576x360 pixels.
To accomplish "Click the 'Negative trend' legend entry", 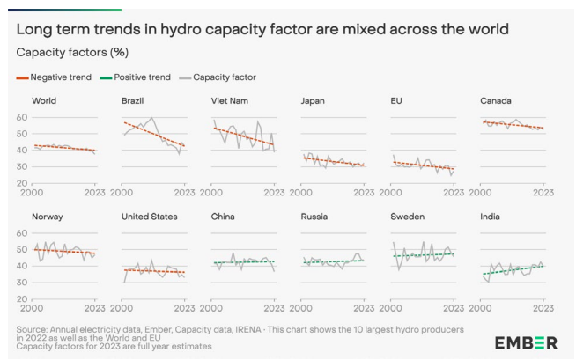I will tap(59, 77).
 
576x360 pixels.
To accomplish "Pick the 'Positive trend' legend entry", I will tap(141, 77).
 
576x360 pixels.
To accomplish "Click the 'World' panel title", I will tap(44, 101).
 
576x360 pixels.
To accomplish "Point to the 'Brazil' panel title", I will tap(135, 101).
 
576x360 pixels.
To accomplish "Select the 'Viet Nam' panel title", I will tap(231, 101).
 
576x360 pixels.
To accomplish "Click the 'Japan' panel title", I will tap(314, 101).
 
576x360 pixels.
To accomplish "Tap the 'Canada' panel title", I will tap(496, 101).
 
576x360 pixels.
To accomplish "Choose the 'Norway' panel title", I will tap(48, 217).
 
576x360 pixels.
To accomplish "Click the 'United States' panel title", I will tap(150, 217).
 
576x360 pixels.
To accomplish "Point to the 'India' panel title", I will tap(491, 217).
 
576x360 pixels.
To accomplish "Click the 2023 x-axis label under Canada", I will tap(543, 192).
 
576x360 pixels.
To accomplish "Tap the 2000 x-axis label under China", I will tap(212, 307).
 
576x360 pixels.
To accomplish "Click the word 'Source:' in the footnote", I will tap(33, 329).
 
